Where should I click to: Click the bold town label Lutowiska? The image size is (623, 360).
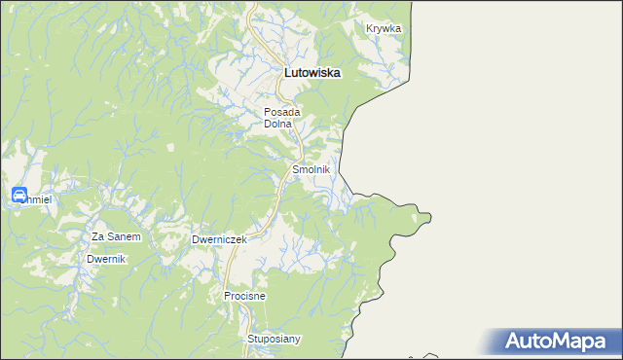[x=311, y=72]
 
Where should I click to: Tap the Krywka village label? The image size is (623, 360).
[x=384, y=29]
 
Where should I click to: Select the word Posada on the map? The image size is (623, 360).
[x=283, y=113]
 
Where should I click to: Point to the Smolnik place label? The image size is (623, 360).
[x=311, y=169]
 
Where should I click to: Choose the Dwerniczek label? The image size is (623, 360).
[x=220, y=239]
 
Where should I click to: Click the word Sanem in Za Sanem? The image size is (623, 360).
[x=125, y=236]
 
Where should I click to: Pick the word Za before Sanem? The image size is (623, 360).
[x=97, y=236]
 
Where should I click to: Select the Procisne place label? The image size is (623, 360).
[x=244, y=295]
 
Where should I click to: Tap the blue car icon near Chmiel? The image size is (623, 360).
[x=18, y=196]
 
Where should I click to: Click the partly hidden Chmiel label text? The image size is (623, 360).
[x=38, y=199]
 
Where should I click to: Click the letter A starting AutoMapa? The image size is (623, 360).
[x=514, y=342]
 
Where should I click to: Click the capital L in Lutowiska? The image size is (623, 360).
[x=286, y=72]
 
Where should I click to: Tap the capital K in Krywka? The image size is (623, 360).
[x=370, y=29]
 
